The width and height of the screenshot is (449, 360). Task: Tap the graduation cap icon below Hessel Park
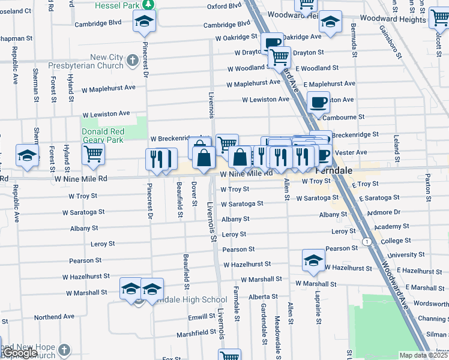(x=144, y=22)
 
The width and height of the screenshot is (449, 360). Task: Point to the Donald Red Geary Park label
(x=103, y=136)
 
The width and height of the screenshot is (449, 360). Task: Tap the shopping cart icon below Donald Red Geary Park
(x=93, y=155)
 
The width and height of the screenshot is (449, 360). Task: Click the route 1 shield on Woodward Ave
(x=366, y=241)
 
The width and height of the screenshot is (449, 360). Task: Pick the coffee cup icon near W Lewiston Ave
(x=318, y=102)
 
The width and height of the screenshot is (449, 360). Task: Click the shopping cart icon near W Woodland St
(x=279, y=58)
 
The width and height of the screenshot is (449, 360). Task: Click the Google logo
(x=20, y=353)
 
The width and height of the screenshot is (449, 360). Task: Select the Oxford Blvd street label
(x=224, y=7)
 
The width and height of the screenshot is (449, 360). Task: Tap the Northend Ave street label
(x=54, y=316)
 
